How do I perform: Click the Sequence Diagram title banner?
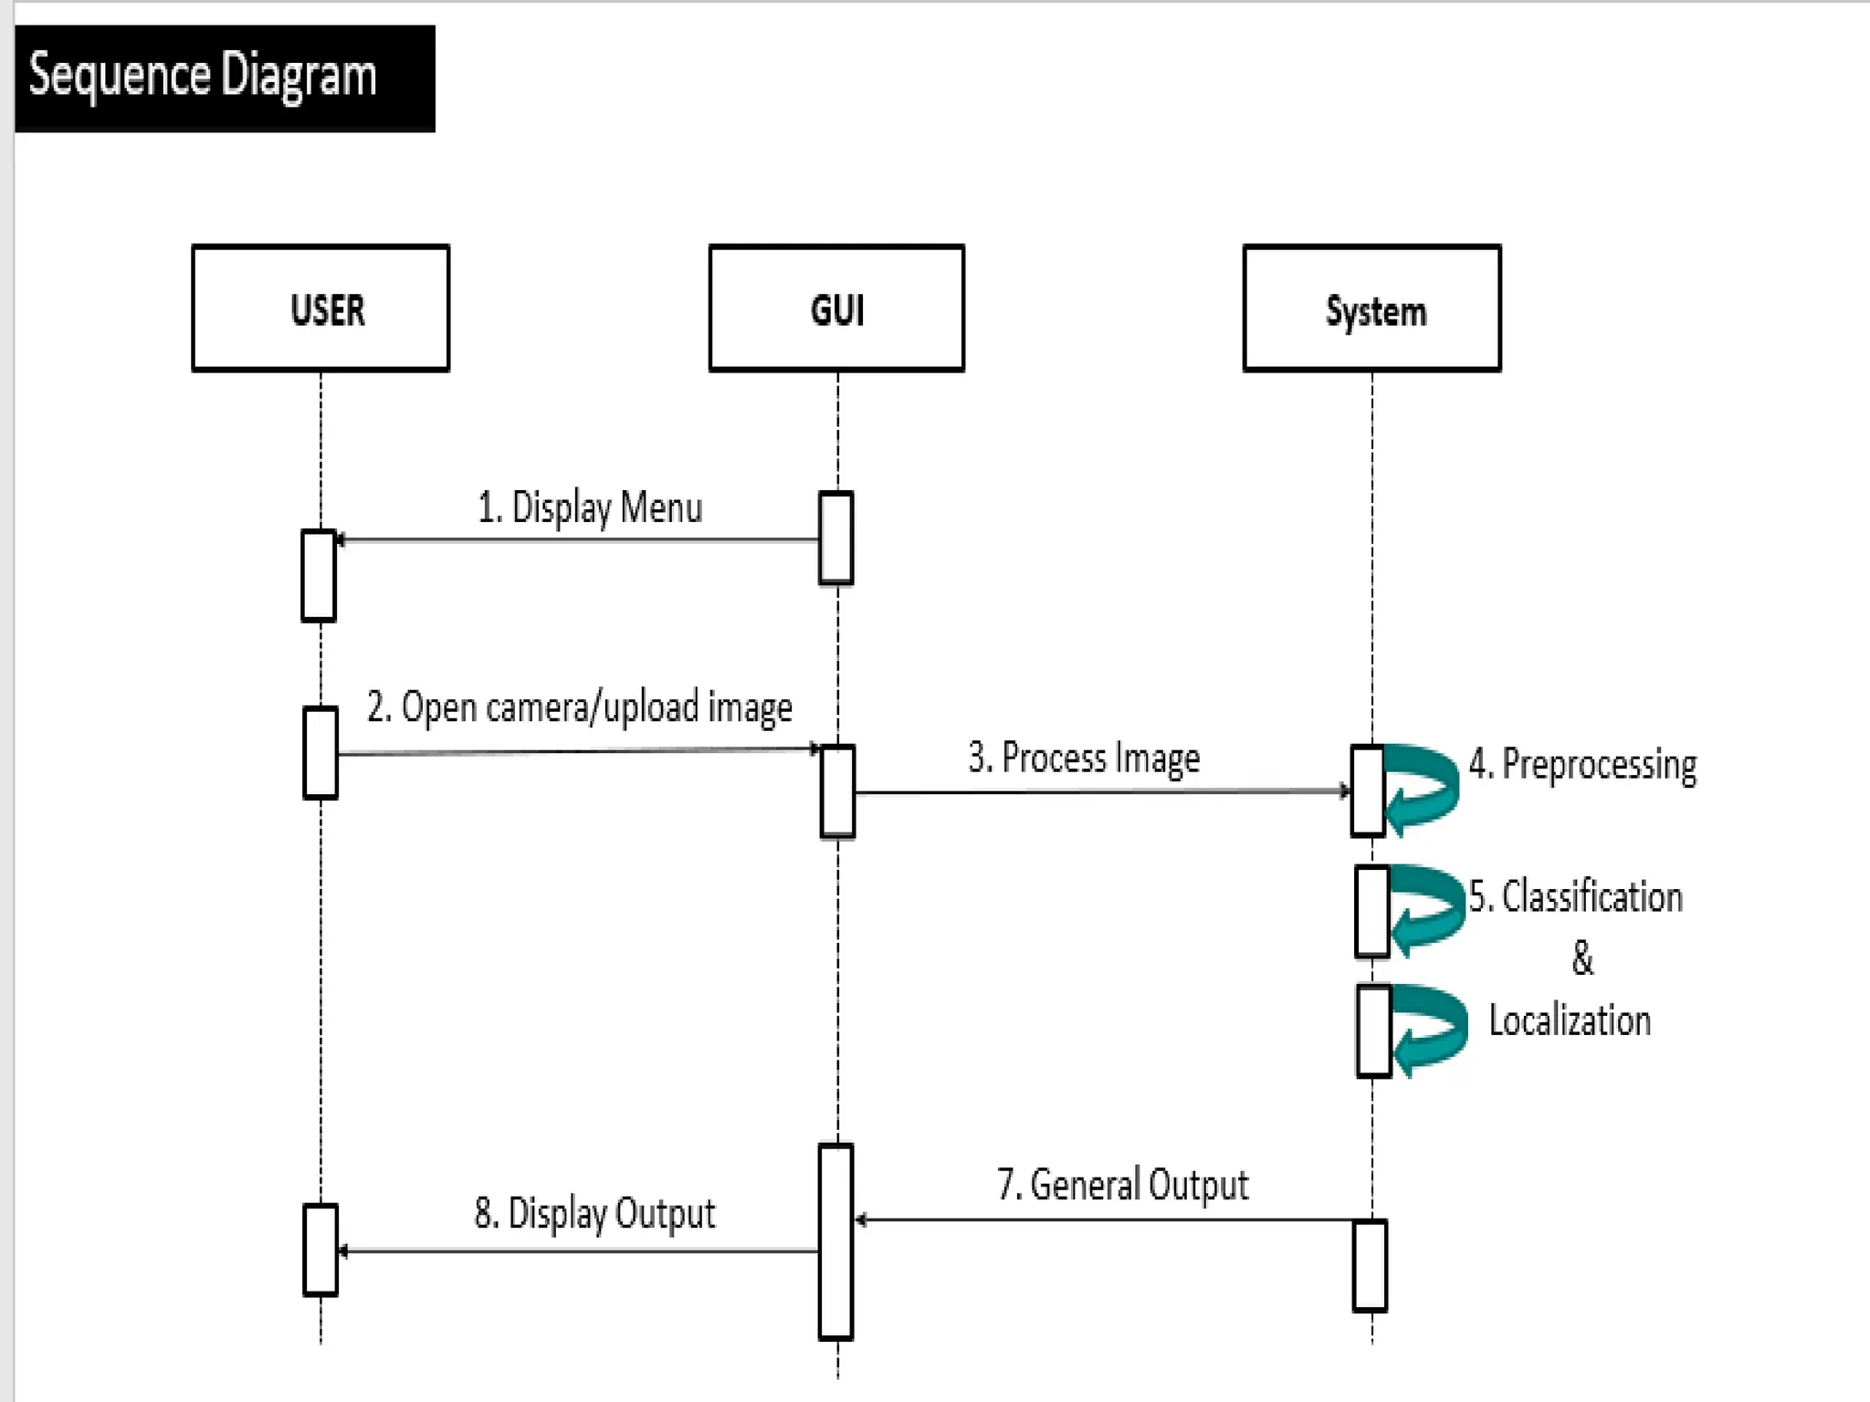225,78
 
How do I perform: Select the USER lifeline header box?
320,309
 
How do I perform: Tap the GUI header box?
836,309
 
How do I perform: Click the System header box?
1371,309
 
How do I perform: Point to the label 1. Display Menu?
590,507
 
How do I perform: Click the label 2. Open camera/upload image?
579,708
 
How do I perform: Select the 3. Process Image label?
1084,759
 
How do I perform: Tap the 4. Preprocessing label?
1582,764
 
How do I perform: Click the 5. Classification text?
1576,896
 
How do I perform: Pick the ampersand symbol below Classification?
1582,958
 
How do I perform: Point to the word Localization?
1570,1020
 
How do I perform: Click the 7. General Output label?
1122,1185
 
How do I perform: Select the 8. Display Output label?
594,1214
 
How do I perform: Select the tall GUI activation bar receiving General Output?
835,1241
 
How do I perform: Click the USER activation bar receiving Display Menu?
319,576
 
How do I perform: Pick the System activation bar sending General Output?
1370,1265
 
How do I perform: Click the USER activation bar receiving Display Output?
320,1250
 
